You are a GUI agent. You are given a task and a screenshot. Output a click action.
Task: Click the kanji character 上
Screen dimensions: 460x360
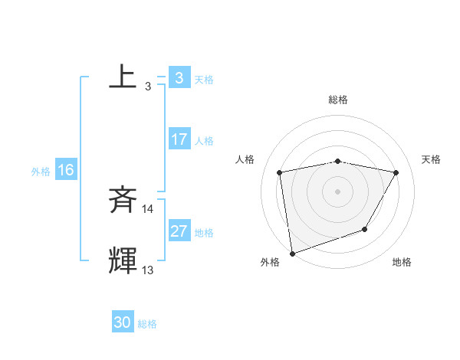(x=123, y=77)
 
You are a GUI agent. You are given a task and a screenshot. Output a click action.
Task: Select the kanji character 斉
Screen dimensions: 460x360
(x=123, y=201)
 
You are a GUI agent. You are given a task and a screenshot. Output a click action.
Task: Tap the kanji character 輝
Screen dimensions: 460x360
(x=123, y=261)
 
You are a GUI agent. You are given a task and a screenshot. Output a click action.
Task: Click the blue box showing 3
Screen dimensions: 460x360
(x=179, y=78)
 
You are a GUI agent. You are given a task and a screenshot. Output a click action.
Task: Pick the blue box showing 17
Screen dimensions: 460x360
(x=179, y=139)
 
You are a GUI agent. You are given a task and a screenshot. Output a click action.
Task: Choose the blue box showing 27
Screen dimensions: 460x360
(x=179, y=231)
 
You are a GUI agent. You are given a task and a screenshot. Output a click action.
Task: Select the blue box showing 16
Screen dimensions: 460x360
(x=65, y=170)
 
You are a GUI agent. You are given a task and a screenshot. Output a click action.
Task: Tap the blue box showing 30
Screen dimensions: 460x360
(x=122, y=322)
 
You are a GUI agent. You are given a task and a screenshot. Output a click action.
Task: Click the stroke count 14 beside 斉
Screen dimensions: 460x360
(x=148, y=209)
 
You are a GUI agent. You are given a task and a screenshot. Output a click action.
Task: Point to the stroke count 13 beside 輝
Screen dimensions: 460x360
(x=148, y=270)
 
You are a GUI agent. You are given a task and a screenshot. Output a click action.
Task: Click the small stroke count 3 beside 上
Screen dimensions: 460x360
(x=148, y=87)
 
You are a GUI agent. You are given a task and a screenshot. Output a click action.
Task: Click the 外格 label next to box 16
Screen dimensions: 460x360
(x=41, y=172)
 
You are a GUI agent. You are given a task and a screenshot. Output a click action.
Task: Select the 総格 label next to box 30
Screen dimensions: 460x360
(x=147, y=324)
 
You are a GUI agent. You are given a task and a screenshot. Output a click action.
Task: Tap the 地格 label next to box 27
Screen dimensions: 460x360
(x=204, y=233)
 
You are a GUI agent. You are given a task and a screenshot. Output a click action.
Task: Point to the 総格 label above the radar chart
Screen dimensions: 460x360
(x=337, y=100)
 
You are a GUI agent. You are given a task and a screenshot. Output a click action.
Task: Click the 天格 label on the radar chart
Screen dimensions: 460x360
(x=432, y=159)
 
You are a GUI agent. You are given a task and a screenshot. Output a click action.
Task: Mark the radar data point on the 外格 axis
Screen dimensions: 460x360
(x=292, y=253)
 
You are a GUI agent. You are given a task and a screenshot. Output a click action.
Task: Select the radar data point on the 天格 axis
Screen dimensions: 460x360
(x=396, y=172)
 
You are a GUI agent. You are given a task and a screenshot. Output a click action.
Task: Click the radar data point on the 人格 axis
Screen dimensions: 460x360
(x=279, y=172)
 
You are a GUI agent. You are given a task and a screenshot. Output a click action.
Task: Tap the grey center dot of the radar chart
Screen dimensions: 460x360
(x=337, y=191)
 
